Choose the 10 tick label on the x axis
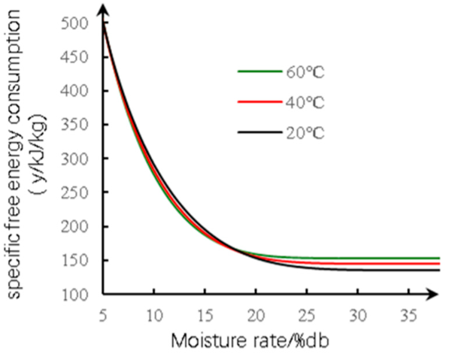tap(154, 313)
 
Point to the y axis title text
tap(23, 158)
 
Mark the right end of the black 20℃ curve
tap(439, 270)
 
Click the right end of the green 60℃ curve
tap(439, 258)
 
